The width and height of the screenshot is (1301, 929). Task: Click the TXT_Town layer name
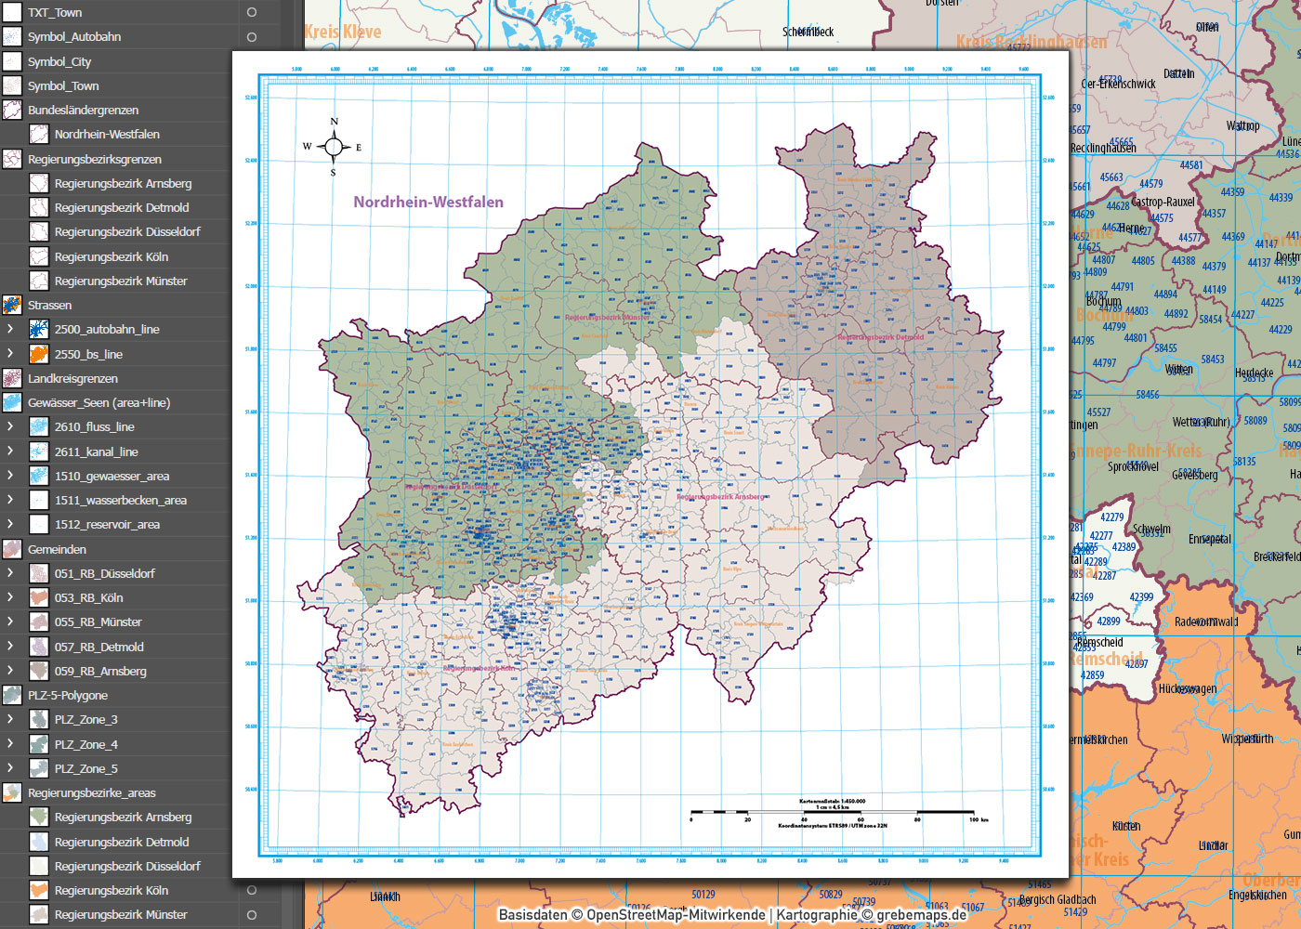[55, 13]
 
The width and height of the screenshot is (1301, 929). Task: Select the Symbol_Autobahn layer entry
[74, 37]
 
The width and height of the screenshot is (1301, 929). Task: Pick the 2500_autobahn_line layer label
[107, 330]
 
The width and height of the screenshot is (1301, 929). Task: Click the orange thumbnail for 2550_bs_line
[39, 354]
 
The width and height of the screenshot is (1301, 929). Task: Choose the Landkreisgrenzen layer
[72, 379]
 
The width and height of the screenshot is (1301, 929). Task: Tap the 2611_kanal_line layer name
[96, 452]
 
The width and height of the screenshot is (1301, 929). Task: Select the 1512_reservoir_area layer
[107, 525]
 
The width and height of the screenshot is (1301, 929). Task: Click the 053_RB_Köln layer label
[88, 598]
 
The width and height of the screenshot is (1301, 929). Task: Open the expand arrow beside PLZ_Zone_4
[10, 743]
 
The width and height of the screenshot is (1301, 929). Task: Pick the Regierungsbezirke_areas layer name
[91, 793]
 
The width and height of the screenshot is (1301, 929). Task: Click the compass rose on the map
[334, 147]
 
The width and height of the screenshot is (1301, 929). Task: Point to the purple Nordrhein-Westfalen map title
[428, 203]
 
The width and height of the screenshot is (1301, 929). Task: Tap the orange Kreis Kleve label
[343, 33]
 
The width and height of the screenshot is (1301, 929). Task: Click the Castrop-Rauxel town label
[1163, 202]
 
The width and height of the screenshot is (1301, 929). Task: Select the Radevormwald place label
[1206, 622]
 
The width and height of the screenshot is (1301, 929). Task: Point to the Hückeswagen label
[1187, 689]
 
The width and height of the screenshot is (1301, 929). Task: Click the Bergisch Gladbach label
[1058, 899]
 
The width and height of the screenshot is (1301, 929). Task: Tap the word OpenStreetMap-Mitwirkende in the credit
[676, 915]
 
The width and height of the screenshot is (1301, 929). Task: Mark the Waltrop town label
[1242, 126]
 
